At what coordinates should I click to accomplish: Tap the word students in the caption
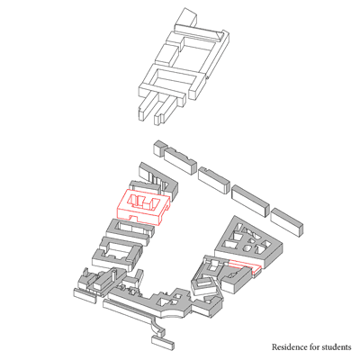(x=336, y=347)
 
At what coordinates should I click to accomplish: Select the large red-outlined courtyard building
(x=143, y=207)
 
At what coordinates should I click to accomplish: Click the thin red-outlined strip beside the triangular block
(x=246, y=265)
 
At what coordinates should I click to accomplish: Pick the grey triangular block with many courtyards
(x=248, y=241)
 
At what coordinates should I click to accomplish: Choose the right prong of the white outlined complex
(x=165, y=110)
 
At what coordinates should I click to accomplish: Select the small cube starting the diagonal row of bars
(x=159, y=148)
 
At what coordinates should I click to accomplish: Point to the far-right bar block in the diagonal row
(x=286, y=221)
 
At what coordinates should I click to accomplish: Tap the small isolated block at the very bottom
(x=163, y=343)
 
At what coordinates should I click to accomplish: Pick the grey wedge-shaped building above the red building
(x=159, y=178)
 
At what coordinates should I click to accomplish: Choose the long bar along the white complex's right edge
(x=210, y=64)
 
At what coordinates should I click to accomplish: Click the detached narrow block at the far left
(x=85, y=296)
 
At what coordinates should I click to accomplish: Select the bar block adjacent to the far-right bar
(x=250, y=201)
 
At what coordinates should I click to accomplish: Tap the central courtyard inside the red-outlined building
(x=143, y=202)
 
